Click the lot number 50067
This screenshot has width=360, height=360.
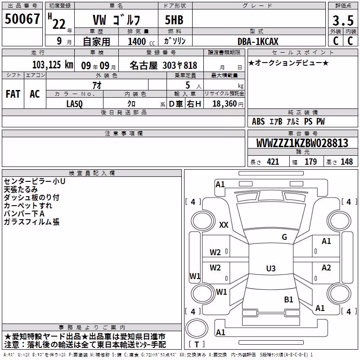click(22, 19)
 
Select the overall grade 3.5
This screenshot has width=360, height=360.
click(343, 20)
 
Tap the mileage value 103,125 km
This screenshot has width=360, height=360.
click(53, 65)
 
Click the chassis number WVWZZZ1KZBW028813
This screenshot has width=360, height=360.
click(302, 143)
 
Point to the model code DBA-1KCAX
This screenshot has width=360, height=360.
click(258, 41)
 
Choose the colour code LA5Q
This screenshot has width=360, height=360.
click(74, 104)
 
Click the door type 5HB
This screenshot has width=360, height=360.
click(174, 20)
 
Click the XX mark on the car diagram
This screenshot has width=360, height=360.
click(224, 225)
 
